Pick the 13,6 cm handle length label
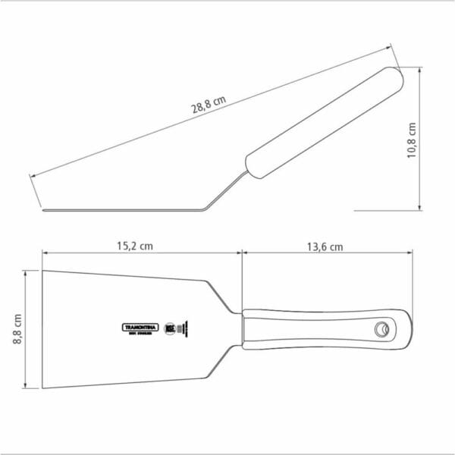point(325,246)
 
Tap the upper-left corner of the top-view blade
point(43,271)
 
